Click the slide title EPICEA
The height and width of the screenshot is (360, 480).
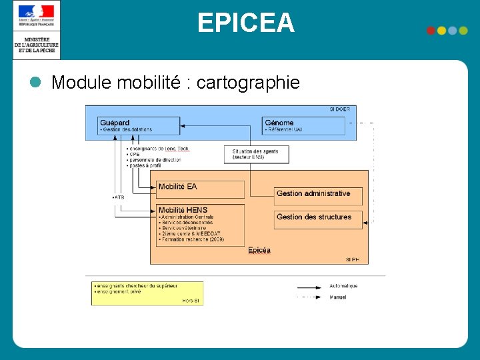point(245,23)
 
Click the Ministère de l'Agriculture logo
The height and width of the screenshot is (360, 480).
point(36,30)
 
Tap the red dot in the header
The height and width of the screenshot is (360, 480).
point(431,31)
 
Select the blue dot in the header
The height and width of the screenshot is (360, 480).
point(463,31)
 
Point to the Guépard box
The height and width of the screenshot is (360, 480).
point(139,125)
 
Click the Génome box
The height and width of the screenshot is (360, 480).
point(303,125)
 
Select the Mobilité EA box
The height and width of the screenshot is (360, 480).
point(200,189)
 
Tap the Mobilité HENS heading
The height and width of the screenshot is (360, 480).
point(183,210)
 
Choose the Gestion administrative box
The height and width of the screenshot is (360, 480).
point(318,195)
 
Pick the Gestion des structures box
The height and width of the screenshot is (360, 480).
point(318,219)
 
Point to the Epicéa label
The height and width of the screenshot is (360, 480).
point(259,250)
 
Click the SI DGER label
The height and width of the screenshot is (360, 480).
point(339,109)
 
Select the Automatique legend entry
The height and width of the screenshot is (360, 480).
point(343,286)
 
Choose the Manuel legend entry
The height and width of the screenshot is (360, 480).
point(338,297)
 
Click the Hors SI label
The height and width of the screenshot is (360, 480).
point(191,301)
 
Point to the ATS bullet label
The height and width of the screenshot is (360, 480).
point(119,197)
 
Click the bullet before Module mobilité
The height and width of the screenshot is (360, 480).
point(35,82)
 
